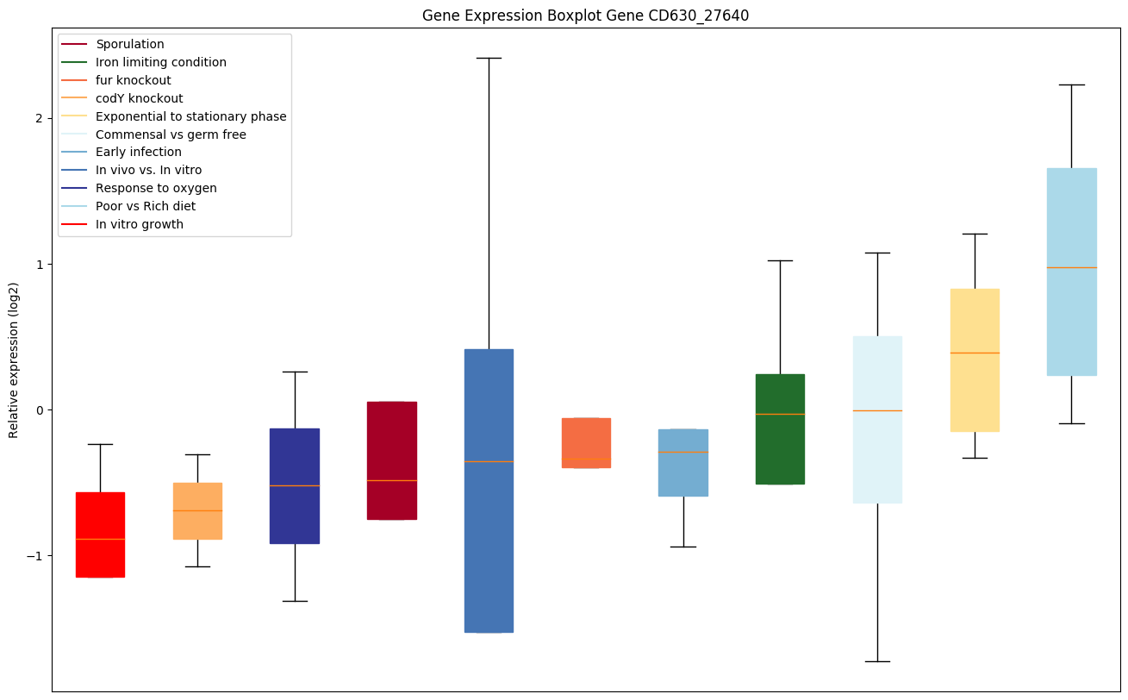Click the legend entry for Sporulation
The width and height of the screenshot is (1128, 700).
pyautogui.click(x=129, y=44)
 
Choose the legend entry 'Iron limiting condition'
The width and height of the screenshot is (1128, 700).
pyautogui.click(x=160, y=62)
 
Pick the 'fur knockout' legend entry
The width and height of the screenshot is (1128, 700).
pyautogui.click(x=133, y=80)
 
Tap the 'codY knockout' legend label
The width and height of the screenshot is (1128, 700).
pyautogui.click(x=139, y=98)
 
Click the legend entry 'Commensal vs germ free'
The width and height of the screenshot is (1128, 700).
pyautogui.click(x=171, y=134)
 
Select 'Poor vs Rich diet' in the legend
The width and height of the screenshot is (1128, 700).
pyautogui.click(x=145, y=206)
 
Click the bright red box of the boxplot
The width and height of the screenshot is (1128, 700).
pyautogui.click(x=100, y=534)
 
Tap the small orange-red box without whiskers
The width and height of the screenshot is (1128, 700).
pyautogui.click(x=586, y=442)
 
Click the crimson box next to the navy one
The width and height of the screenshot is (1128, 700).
pyautogui.click(x=392, y=460)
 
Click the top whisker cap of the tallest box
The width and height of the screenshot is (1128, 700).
pyautogui.click(x=489, y=58)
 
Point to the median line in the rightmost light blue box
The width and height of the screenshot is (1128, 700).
pyautogui.click(x=1071, y=267)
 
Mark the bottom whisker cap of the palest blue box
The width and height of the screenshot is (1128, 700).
pyautogui.click(x=877, y=661)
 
